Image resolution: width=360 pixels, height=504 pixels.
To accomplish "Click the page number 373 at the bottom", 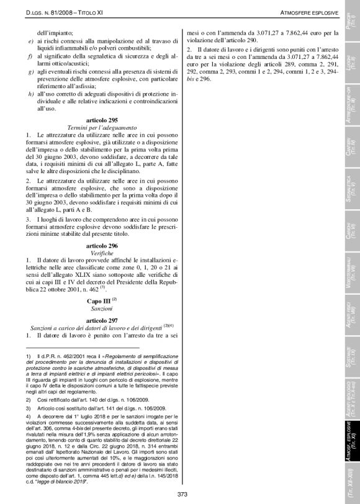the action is [182, 494].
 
